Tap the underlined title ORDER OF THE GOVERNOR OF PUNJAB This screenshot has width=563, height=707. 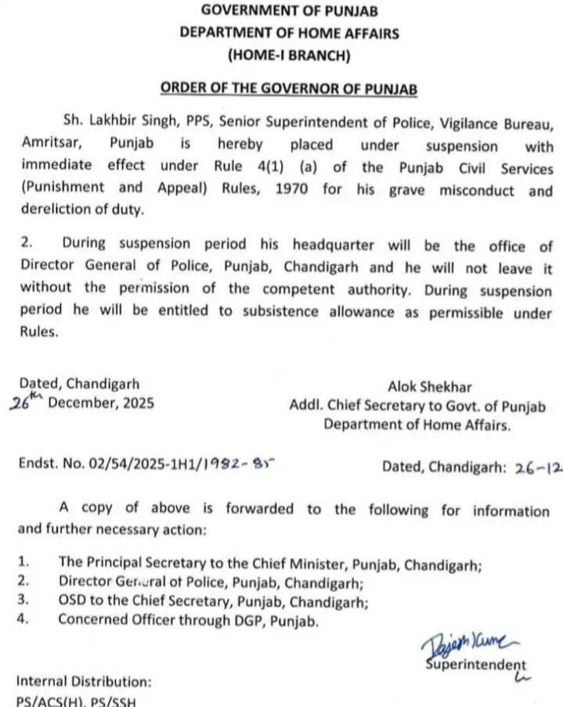click(x=289, y=88)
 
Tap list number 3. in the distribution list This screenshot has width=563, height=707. click(x=23, y=602)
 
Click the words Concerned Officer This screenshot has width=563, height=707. click(x=108, y=622)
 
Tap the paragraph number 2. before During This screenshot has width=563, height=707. click(x=25, y=246)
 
